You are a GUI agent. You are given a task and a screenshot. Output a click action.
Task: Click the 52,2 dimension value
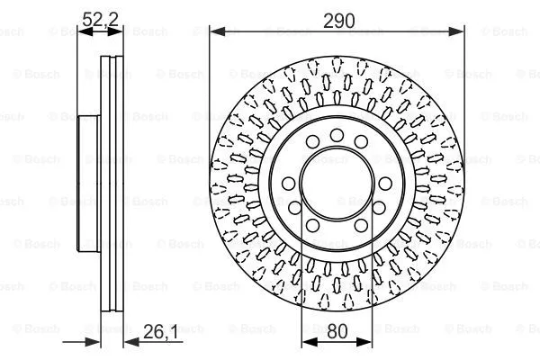coord(99,17)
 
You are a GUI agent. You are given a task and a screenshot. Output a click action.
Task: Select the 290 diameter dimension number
coord(337,17)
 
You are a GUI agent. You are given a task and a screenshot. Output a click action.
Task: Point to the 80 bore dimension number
coord(337,331)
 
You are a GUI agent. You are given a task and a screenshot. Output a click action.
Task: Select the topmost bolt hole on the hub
coord(337,135)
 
